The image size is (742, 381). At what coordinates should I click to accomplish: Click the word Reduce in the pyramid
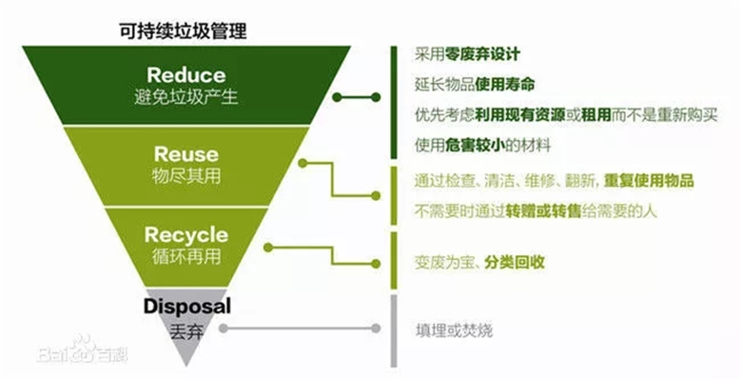tap(186, 74)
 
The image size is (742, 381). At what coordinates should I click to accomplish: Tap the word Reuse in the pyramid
tap(185, 154)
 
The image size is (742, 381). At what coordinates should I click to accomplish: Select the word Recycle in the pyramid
tap(186, 234)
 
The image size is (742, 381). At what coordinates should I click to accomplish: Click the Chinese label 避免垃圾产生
tap(186, 97)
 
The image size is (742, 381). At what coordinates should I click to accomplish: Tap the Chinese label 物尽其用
tap(185, 176)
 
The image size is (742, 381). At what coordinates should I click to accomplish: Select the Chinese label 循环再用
tap(186, 256)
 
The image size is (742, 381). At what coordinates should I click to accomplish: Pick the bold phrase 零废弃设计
tap(486, 54)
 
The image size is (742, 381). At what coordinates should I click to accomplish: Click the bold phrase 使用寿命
tap(505, 85)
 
